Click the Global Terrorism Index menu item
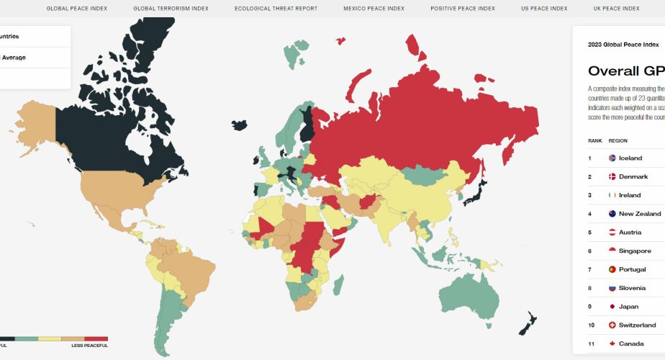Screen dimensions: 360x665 tap(171, 9)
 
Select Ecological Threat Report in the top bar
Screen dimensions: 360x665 tap(265, 9)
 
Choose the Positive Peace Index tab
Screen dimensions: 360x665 tap(463, 9)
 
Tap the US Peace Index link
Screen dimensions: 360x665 tap(544, 9)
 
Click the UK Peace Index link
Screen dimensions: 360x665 tap(617, 9)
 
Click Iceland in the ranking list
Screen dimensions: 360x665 tap(630, 158)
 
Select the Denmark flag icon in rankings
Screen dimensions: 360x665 tap(612, 177)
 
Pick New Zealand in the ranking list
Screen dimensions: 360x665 tap(639, 214)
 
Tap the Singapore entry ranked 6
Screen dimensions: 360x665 tap(634, 251)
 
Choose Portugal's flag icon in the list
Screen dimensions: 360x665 tap(612, 269)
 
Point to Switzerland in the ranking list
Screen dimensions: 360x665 tap(637, 325)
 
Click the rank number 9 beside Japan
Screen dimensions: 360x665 tap(589, 307)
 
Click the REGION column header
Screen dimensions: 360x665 tap(617, 141)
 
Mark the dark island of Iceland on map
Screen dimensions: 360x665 tap(240, 125)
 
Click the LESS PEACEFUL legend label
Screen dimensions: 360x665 tap(89, 346)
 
